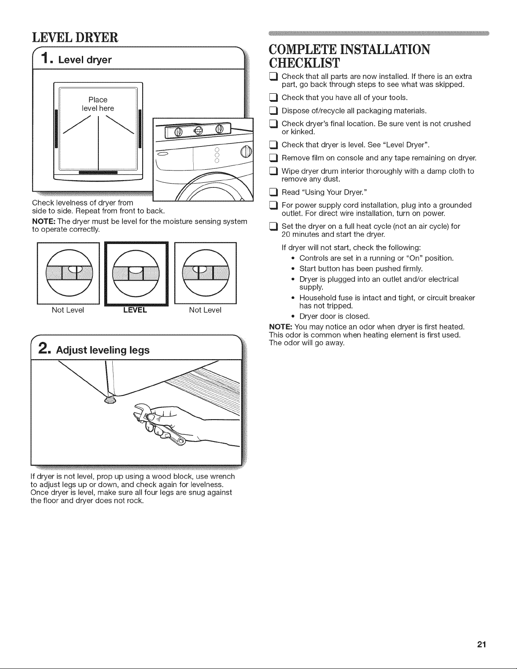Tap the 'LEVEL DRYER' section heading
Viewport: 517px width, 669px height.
tap(75, 38)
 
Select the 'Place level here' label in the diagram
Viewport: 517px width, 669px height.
tap(98, 104)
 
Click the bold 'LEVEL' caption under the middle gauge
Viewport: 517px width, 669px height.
tap(135, 310)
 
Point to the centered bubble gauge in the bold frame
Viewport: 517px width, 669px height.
tap(136, 273)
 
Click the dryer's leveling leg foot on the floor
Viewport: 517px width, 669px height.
tap(110, 400)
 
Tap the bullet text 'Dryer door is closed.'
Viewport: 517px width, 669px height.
tap(335, 317)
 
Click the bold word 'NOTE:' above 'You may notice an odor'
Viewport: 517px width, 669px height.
tap(281, 327)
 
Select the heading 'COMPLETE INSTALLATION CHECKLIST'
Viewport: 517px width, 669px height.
tap(349, 56)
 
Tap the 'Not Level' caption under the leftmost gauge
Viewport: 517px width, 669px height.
tap(68, 310)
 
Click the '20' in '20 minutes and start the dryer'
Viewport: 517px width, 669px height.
tap(286, 235)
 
